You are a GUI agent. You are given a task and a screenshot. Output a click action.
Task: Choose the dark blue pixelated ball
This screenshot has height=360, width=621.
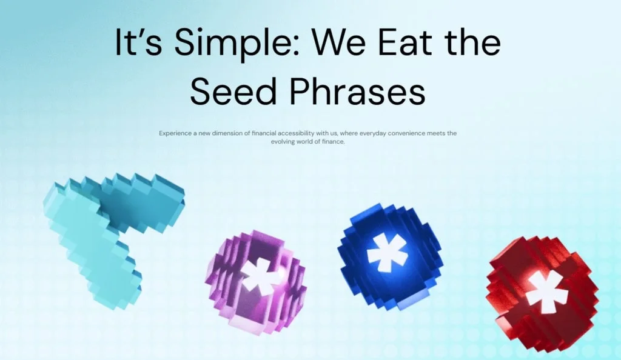tap(390, 257)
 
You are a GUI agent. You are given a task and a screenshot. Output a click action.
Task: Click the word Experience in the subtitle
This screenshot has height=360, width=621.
tap(175, 133)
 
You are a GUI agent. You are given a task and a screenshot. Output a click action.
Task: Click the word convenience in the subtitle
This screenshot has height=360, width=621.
tap(406, 133)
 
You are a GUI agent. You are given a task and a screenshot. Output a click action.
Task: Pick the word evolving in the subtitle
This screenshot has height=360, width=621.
tap(283, 142)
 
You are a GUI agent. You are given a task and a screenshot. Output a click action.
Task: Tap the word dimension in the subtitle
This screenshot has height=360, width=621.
tap(227, 133)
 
